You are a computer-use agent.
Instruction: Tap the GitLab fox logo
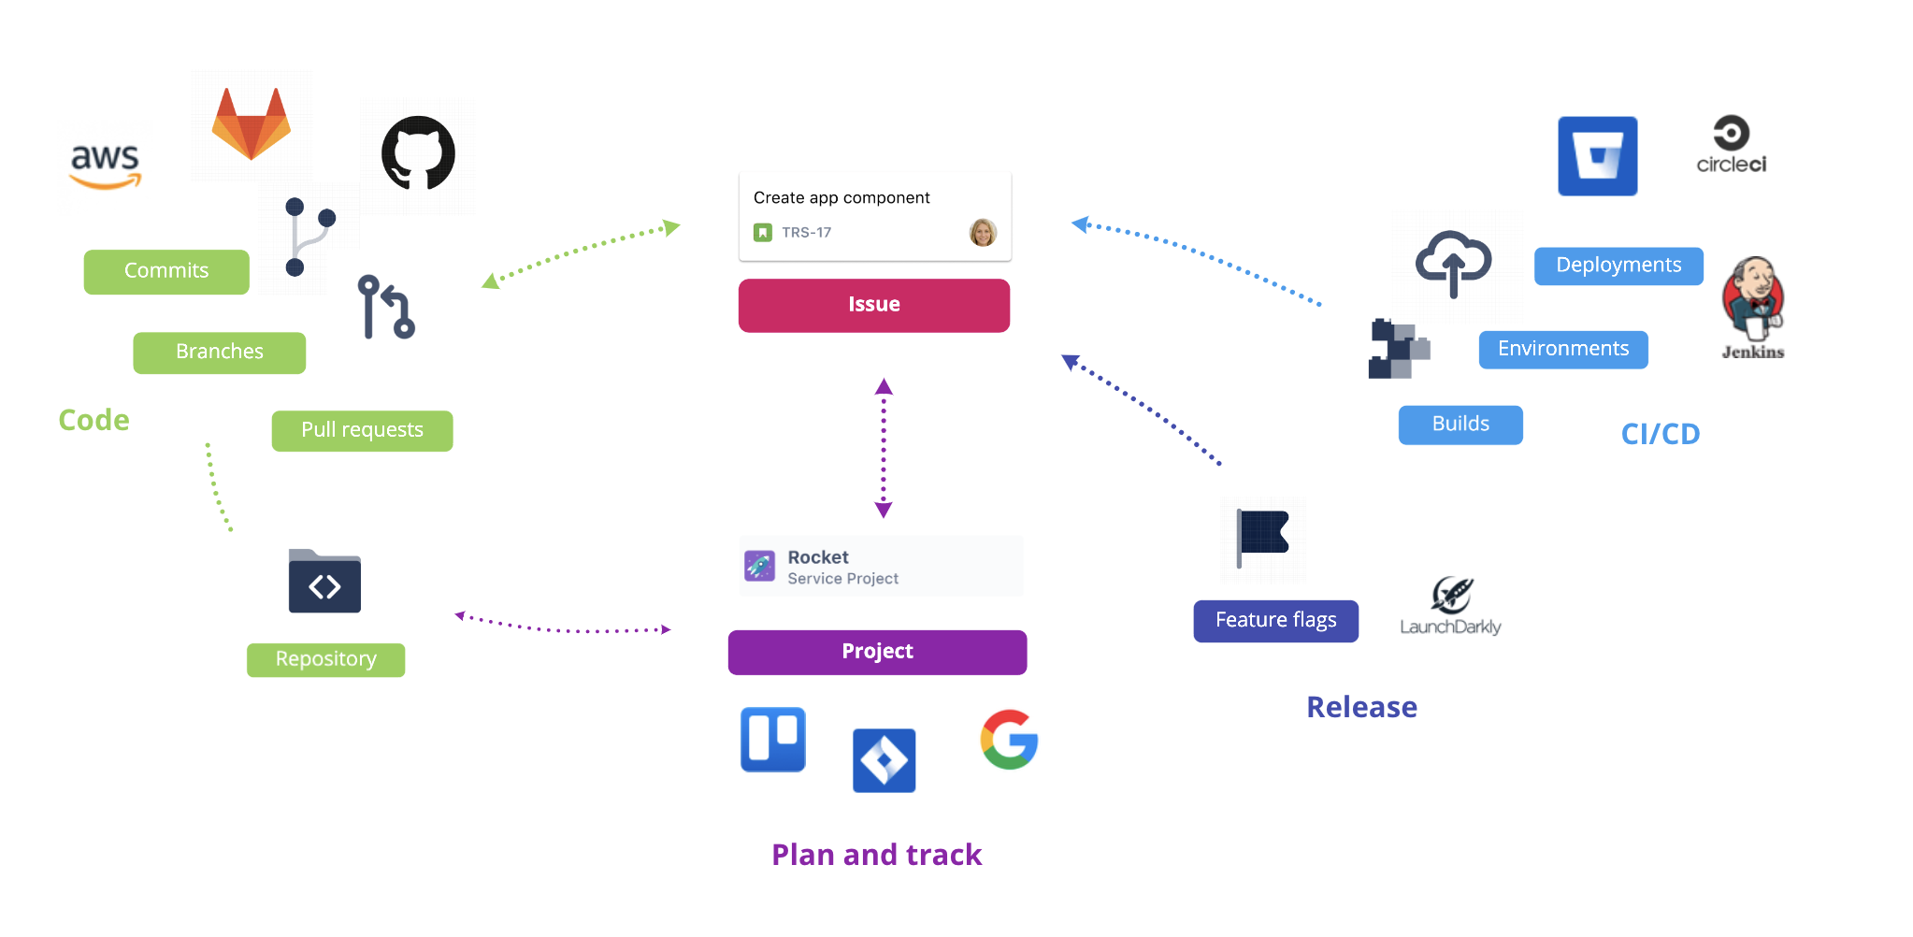tap(252, 124)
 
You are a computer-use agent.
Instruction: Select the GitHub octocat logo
tap(418, 153)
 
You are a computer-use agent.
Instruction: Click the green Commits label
tap(166, 271)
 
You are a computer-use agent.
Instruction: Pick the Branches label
tap(219, 353)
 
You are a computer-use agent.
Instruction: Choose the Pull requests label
tap(362, 430)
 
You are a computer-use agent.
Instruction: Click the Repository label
tap(325, 659)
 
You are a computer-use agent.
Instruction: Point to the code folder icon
tap(324, 582)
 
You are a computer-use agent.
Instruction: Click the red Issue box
tap(873, 305)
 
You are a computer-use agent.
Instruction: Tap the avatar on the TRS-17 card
tap(983, 232)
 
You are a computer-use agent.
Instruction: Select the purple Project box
tap(877, 652)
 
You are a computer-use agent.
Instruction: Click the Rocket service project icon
tap(759, 566)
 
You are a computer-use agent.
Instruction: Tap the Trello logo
tap(772, 739)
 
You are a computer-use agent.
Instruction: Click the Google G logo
tap(1009, 740)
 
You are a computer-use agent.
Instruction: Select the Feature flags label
tap(1275, 621)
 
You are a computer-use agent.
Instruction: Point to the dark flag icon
tap(1262, 536)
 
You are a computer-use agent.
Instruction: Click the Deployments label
tap(1618, 266)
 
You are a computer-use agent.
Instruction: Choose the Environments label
tap(1562, 349)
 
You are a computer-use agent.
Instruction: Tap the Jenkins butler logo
tap(1753, 299)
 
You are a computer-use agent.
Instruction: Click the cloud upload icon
tap(1453, 263)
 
